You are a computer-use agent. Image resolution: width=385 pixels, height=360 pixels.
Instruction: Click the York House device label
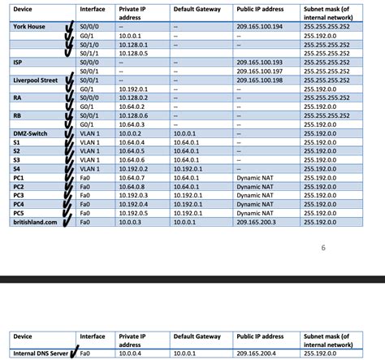coord(30,27)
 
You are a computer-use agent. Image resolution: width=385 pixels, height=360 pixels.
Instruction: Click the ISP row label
coord(19,62)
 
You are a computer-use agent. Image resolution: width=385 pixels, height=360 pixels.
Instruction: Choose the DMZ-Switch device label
coord(31,132)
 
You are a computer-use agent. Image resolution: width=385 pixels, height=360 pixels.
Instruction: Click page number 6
coord(323,248)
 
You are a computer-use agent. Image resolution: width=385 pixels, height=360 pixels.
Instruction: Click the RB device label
coord(18,115)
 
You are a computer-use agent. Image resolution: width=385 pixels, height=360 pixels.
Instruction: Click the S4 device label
coord(17,167)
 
